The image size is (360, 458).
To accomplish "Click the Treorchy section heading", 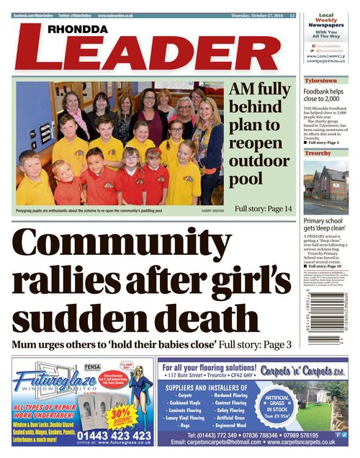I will tap(318, 153).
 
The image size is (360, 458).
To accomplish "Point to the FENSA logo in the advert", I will tap(91, 366).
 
